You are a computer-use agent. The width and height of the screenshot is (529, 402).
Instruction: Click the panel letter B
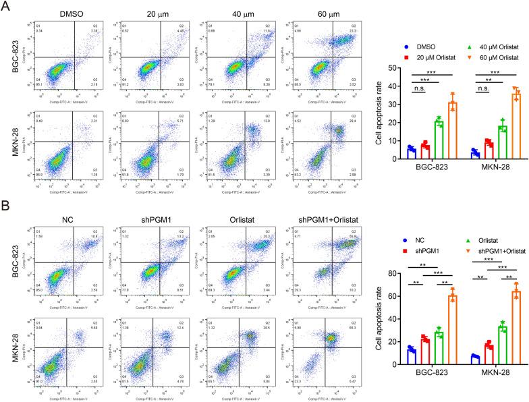[5, 204]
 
